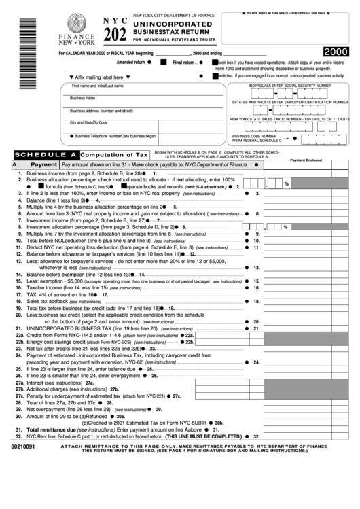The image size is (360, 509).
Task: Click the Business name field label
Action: click(82, 98)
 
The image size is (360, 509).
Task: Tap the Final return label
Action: click(185, 62)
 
